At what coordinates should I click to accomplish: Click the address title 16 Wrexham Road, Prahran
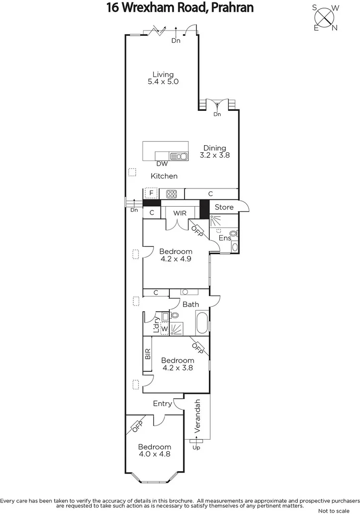pyautogui.click(x=180, y=8)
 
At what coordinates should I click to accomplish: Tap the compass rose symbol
pyautogui.click(x=325, y=18)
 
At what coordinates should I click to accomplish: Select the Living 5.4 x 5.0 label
pyautogui.click(x=163, y=78)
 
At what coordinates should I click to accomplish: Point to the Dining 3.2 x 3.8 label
pyautogui.click(x=214, y=151)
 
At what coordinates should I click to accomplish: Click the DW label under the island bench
pyautogui.click(x=162, y=164)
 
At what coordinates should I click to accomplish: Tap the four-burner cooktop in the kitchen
pyautogui.click(x=171, y=194)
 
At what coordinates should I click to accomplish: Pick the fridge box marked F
pyautogui.click(x=151, y=193)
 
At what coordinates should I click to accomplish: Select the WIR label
pyautogui.click(x=179, y=213)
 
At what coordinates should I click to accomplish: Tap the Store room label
pyautogui.click(x=224, y=207)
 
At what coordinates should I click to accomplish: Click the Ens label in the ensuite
pyautogui.click(x=224, y=237)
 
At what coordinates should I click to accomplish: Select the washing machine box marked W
pyautogui.click(x=165, y=329)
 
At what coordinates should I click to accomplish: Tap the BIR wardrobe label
pyautogui.click(x=147, y=354)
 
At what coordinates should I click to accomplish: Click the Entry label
pyautogui.click(x=162, y=404)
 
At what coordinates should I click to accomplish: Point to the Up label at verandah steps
pyautogui.click(x=195, y=447)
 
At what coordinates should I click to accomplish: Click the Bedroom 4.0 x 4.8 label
pyautogui.click(x=154, y=450)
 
